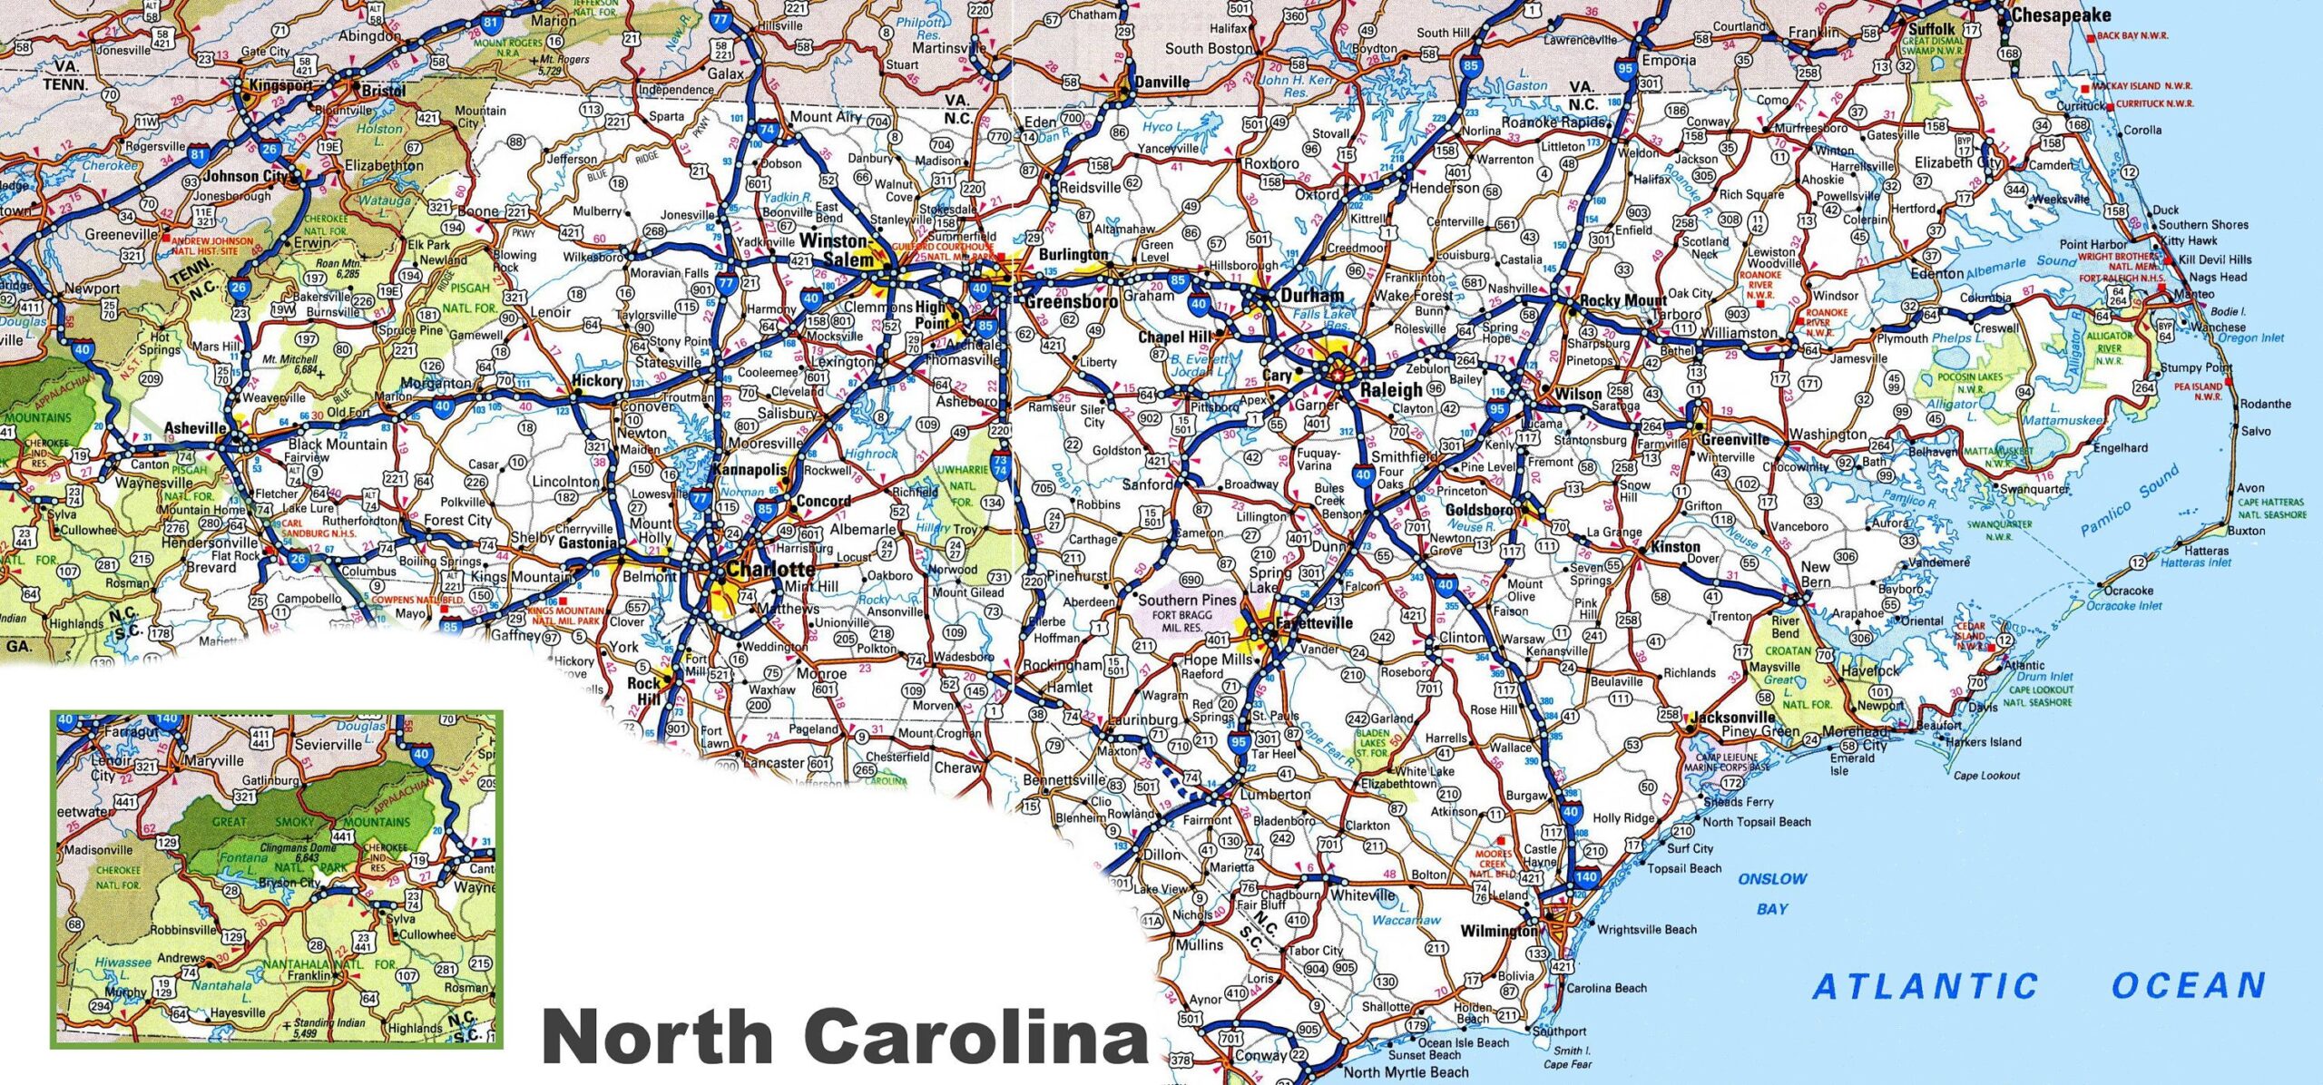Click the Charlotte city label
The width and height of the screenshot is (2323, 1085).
tap(771, 570)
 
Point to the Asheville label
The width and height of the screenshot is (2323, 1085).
tap(194, 428)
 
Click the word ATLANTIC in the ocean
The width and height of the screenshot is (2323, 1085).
tap(1925, 986)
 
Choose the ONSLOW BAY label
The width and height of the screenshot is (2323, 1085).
tap(1772, 893)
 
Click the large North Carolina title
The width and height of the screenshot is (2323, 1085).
tap(844, 1037)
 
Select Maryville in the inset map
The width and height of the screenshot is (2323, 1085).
tap(214, 760)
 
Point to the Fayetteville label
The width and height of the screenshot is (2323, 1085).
tap(1313, 623)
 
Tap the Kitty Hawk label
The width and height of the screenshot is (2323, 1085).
tap(2189, 240)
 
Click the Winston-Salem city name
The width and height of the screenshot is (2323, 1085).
tap(835, 249)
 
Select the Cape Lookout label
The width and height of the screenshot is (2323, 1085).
tap(1986, 776)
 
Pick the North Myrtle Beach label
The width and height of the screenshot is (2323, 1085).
tap(1406, 1072)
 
